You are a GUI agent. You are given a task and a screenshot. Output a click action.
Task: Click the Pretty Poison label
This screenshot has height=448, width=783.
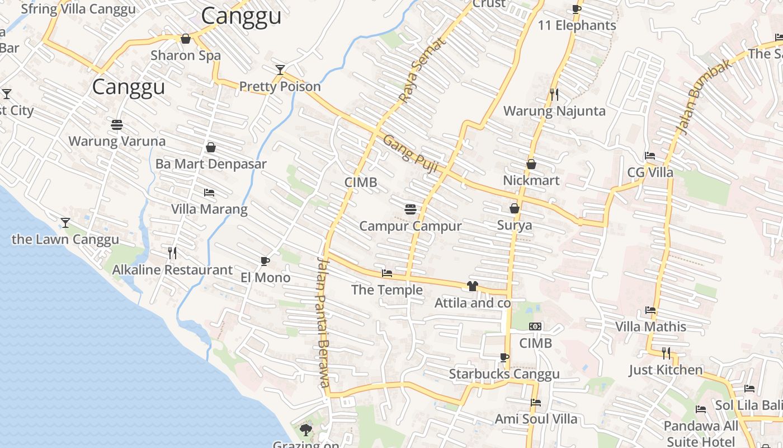pyautogui.click(x=280, y=86)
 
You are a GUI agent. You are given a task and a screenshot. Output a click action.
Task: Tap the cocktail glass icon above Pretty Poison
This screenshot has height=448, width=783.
pyautogui.click(x=280, y=70)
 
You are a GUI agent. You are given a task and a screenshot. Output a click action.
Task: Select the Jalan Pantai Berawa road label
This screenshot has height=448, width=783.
pyautogui.click(x=323, y=322)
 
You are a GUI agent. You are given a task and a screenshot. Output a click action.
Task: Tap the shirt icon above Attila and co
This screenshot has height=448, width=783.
pyautogui.click(x=472, y=287)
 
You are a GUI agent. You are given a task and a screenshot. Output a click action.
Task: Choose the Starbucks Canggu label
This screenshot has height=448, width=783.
pyautogui.click(x=504, y=374)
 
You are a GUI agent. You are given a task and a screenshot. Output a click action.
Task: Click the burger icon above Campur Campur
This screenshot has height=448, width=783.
pyautogui.click(x=411, y=209)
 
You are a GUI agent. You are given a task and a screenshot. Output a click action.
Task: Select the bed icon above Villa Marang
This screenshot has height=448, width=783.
pyautogui.click(x=209, y=193)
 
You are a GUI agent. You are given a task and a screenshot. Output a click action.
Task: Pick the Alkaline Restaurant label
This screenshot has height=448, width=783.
pyautogui.click(x=172, y=270)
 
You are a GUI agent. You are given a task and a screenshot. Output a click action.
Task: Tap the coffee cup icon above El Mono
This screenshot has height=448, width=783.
pyautogui.click(x=265, y=261)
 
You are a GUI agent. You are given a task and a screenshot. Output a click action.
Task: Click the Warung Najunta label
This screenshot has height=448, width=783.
pyautogui.click(x=554, y=111)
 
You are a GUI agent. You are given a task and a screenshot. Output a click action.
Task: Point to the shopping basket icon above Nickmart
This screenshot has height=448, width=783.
pyautogui.click(x=531, y=164)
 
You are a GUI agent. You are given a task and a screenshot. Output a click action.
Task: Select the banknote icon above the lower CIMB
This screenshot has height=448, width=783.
pyautogui.click(x=535, y=326)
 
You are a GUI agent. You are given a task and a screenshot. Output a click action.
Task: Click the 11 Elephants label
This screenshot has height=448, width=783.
pyautogui.click(x=577, y=25)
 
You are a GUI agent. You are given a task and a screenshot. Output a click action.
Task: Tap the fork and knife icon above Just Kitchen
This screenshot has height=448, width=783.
pyautogui.click(x=666, y=353)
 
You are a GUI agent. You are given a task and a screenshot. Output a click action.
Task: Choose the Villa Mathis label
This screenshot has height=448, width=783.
pyautogui.click(x=650, y=326)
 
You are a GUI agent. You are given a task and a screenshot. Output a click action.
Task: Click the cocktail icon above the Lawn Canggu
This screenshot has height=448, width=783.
pyautogui.click(x=65, y=223)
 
